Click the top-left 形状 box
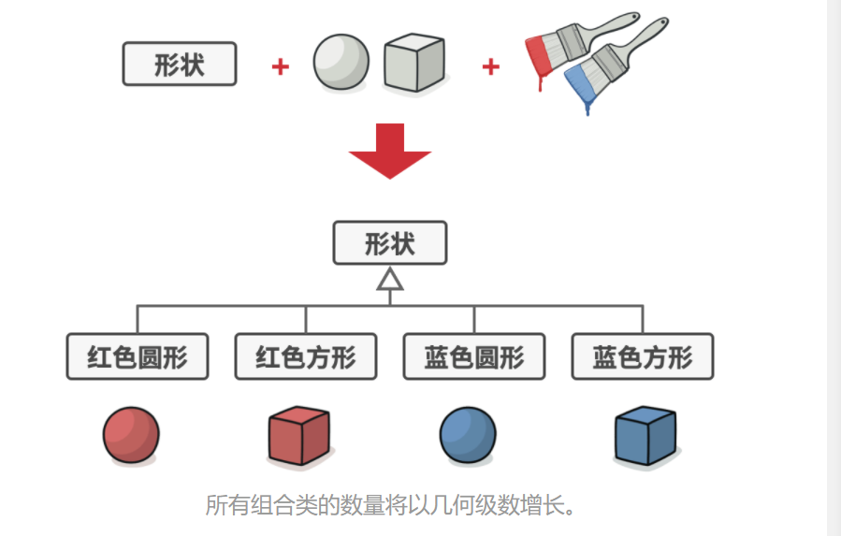tap(180, 65)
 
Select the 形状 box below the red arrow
tap(390, 243)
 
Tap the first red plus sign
tap(280, 66)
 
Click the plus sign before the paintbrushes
tap(490, 66)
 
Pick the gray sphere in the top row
tap(341, 63)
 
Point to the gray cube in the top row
tap(413, 64)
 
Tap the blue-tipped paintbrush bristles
tap(582, 83)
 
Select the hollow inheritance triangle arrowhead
tap(390, 279)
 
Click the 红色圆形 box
tap(138, 356)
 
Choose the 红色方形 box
tap(306, 356)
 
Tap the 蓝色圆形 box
tap(474, 356)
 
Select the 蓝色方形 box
tap(643, 356)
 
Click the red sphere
tap(131, 435)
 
